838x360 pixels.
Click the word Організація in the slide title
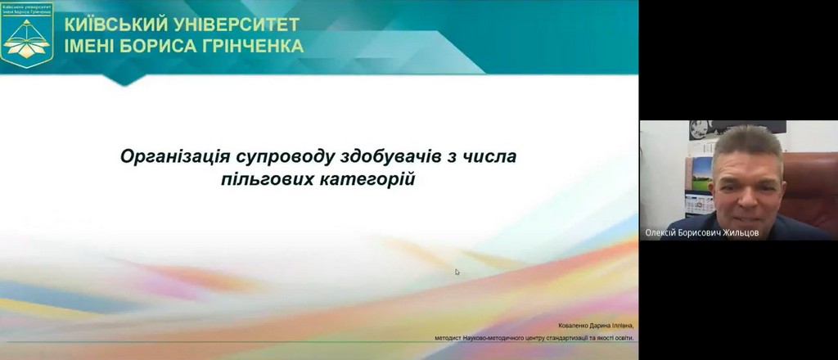pos(169,155)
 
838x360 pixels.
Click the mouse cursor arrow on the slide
pos(457,272)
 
